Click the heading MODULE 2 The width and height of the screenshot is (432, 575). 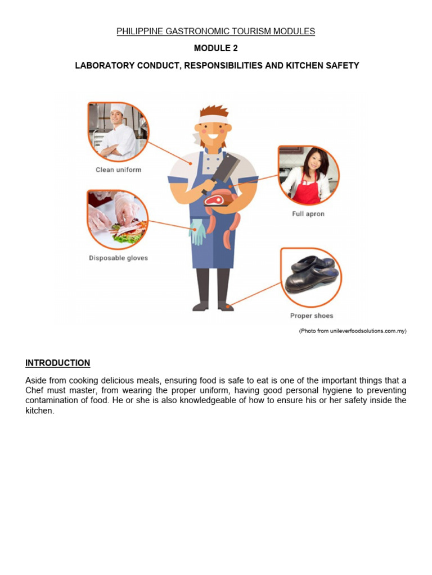pyautogui.click(x=216, y=48)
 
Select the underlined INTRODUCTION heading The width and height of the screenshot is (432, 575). pyautogui.click(x=57, y=363)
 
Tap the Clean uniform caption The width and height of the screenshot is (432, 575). pyautogui.click(x=118, y=170)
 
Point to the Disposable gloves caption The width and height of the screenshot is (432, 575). pyautogui.click(x=118, y=258)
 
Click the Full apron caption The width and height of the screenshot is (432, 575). pyautogui.click(x=308, y=214)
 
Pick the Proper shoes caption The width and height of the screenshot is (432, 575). pyautogui.click(x=312, y=316)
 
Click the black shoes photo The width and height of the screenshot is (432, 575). pyautogui.click(x=311, y=275)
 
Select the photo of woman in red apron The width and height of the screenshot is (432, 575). pyautogui.click(x=308, y=176)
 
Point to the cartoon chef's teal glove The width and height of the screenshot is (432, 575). pyautogui.click(x=197, y=231)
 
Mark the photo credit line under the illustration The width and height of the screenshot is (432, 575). pyautogui.click(x=352, y=331)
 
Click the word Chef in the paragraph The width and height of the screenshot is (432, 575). pyautogui.click(x=35, y=390)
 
